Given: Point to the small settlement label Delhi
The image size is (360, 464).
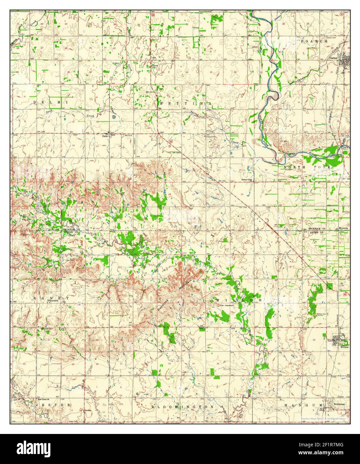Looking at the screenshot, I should point(105,136).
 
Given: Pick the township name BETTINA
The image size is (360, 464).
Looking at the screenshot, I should point(185,104).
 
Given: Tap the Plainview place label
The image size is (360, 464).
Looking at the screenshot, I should point(53,301).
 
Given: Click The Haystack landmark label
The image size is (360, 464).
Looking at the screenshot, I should point(225,305).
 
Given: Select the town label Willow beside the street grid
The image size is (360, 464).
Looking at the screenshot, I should point(344,347).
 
